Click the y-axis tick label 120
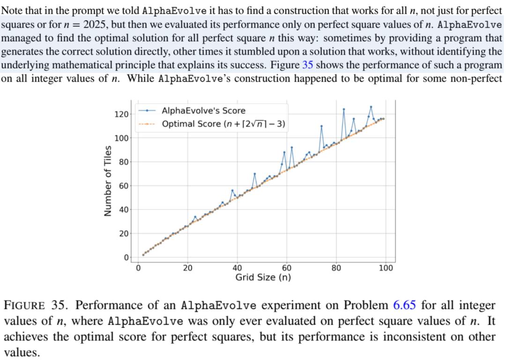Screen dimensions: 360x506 tap(121, 114)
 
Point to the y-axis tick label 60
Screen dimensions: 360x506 tap(123, 186)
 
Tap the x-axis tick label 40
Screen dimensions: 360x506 tap(237, 268)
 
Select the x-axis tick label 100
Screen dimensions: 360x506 tap(386, 268)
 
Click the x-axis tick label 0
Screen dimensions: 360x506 tap(138, 268)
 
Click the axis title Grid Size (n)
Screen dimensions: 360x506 tap(263, 277)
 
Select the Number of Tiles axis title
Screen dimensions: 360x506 tap(108, 181)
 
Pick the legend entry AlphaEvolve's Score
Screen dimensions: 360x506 tap(203, 111)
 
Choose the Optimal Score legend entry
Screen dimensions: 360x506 tap(223, 124)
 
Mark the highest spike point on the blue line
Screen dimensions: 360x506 tap(371, 107)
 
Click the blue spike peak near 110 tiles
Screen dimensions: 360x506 tap(321, 126)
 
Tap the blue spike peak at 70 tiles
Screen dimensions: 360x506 tap(255, 174)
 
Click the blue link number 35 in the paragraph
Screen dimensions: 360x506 tap(308, 65)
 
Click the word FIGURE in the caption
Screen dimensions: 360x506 tap(25, 306)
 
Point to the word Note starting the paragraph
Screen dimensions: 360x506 tap(12, 10)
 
